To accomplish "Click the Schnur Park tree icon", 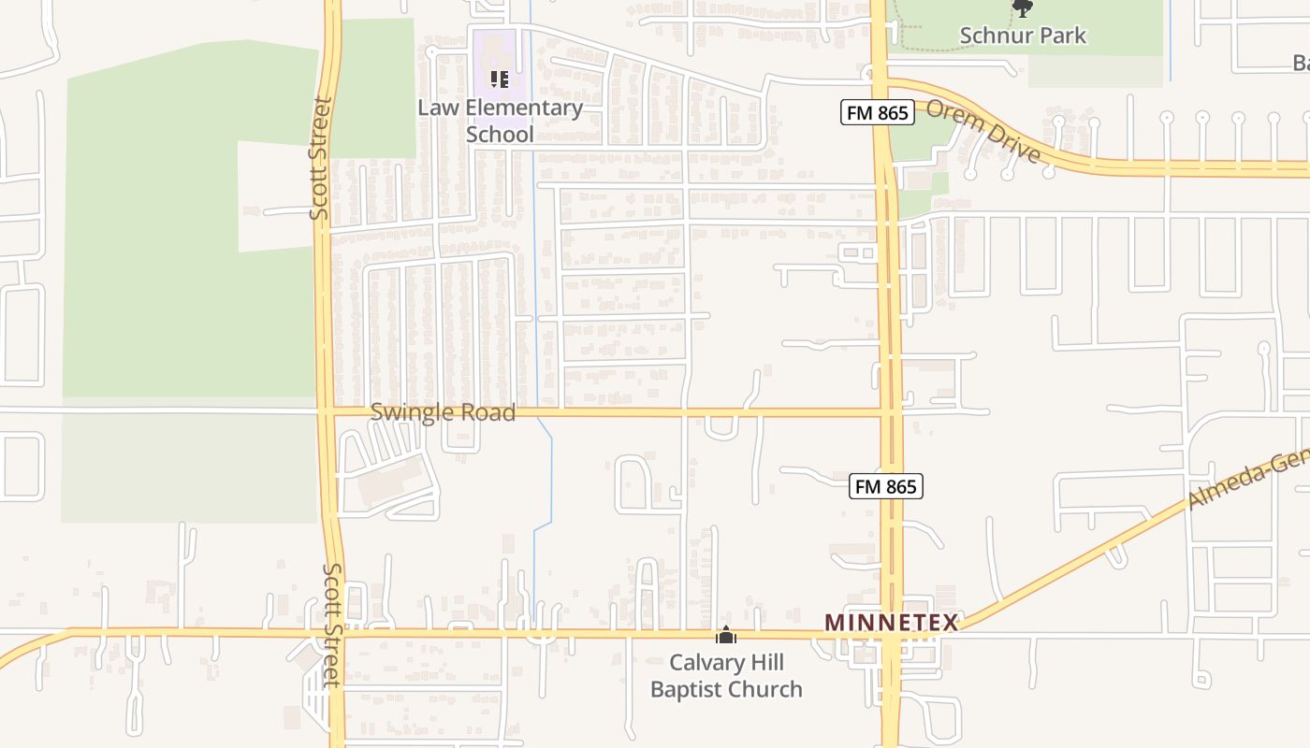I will pos(1023,8).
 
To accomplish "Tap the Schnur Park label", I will pos(1023,36).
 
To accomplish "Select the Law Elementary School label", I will pos(500,121).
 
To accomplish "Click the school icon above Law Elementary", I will pos(500,79).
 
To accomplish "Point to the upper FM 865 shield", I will pos(876,113).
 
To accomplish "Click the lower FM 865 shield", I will pos(886,486).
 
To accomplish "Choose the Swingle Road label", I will pos(443,412).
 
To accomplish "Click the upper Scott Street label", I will pos(321,159).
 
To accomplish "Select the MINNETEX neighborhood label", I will pos(891,623).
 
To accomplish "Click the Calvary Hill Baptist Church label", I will pos(726,676).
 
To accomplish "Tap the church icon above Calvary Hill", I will pos(726,636).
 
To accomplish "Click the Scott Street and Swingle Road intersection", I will pos(326,410).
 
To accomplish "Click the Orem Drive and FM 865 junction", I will pos(881,89).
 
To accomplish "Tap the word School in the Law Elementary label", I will pos(500,134).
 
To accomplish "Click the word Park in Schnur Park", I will pos(1060,36).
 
